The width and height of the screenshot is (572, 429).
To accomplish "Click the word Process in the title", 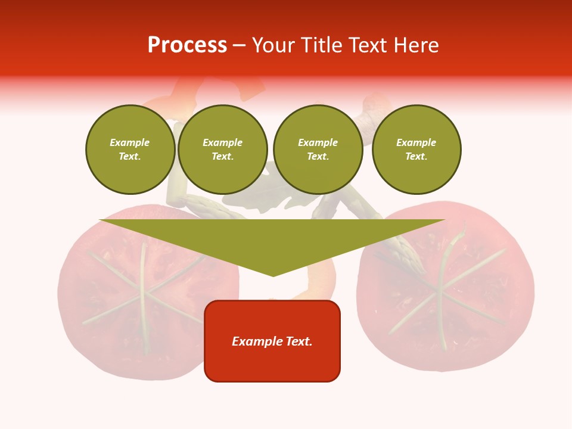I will point(187,45).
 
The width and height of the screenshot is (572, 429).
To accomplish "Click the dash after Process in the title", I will point(240,45).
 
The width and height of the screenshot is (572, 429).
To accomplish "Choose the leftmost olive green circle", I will point(130,150).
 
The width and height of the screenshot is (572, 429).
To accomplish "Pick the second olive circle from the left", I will point(223,150).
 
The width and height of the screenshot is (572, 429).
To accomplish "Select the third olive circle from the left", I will point(318,150).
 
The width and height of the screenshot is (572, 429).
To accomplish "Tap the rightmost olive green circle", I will point(416,150).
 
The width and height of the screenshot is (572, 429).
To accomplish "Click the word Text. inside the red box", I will point(297,341).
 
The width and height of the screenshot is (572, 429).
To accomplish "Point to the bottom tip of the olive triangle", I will point(273,275).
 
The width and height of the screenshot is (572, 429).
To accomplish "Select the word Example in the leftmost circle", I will point(130,143).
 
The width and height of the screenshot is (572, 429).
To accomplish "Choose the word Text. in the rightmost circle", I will point(416,157).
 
